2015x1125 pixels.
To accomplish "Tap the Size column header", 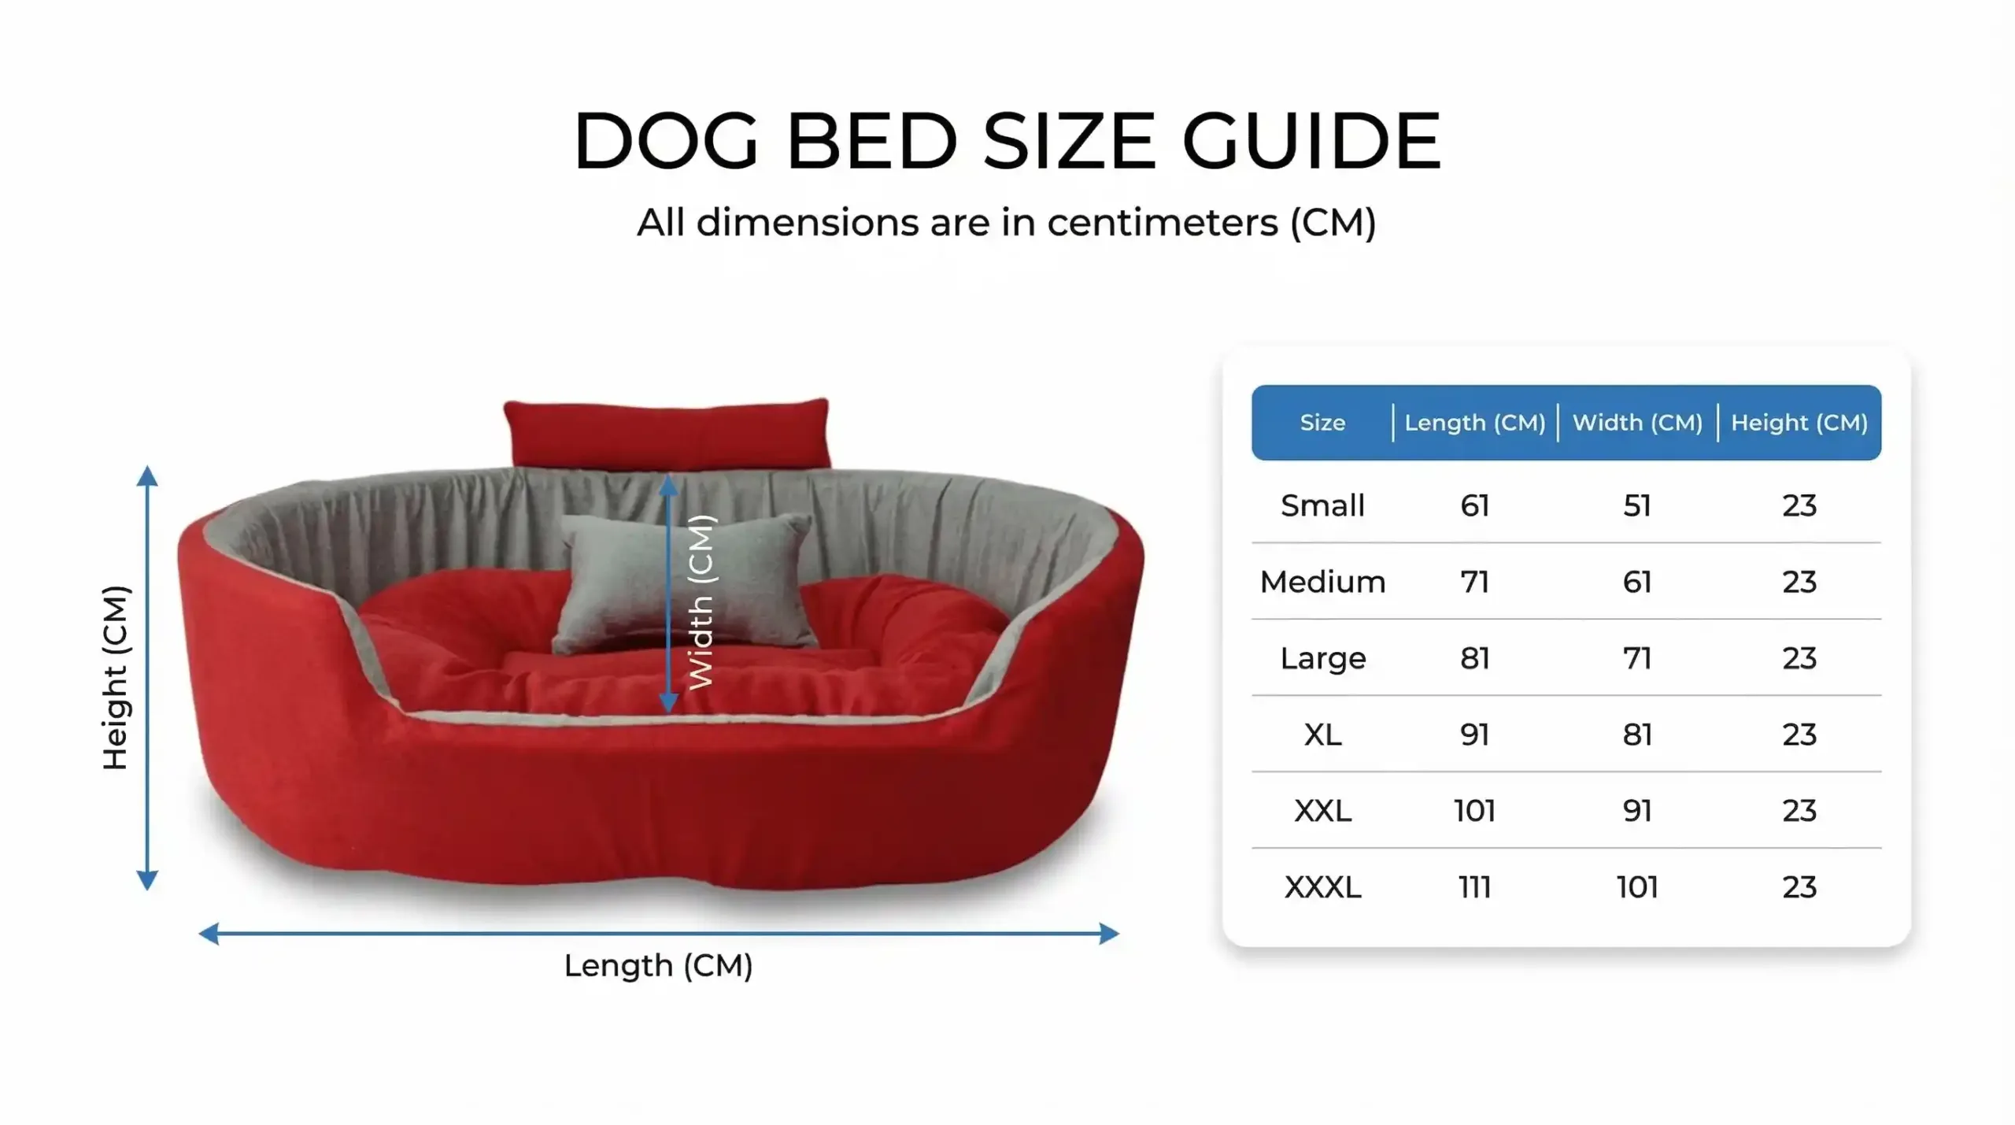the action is coord(1322,423).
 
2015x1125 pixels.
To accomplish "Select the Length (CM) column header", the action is coord(1475,423).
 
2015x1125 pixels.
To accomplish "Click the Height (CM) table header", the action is coord(1799,423).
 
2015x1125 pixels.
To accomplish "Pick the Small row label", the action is coord(1322,505).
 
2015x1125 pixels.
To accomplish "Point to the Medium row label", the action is coord(1322,582).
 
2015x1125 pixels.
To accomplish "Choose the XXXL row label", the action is coord(1322,887).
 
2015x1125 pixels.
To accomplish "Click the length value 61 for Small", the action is coord(1475,505).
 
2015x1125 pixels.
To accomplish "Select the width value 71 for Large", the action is coord(1637,658).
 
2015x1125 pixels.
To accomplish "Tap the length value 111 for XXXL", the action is coord(1475,887).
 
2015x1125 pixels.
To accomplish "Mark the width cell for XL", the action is coord(1637,735).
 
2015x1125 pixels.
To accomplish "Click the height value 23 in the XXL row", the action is coord(1799,811).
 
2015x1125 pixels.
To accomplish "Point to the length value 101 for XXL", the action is coord(1475,811).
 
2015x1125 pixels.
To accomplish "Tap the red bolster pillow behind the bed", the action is coord(667,434).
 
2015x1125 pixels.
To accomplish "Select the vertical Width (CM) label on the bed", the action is coord(701,602).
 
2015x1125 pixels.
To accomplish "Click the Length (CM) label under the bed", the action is coord(659,965).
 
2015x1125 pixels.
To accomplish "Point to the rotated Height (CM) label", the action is coord(116,678).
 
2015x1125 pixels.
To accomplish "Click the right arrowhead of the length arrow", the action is coord(1109,934).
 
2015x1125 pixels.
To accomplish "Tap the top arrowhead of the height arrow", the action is coord(147,476).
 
